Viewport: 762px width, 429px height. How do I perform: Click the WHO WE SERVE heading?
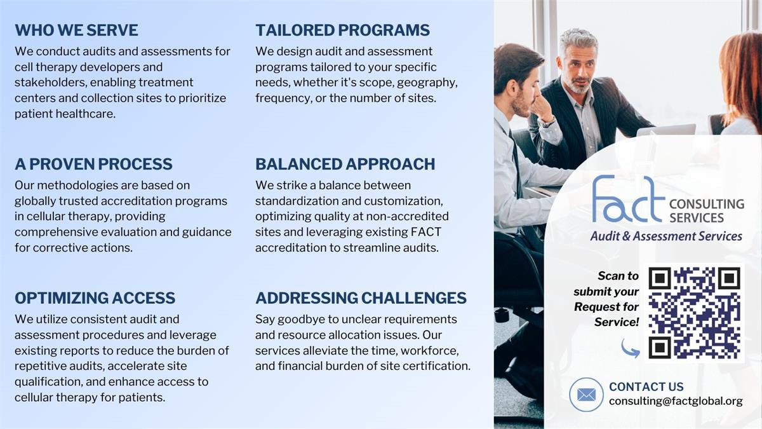pyautogui.click(x=76, y=30)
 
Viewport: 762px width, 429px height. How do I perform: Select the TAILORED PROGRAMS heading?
pyautogui.click(x=342, y=30)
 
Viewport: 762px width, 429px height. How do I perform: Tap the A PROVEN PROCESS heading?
pyautogui.click(x=93, y=164)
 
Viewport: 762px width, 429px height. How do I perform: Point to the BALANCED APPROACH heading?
pyautogui.click(x=345, y=164)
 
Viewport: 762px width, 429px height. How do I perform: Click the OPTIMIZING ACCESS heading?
pyautogui.click(x=95, y=298)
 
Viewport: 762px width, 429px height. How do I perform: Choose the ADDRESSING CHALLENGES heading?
pyautogui.click(x=361, y=298)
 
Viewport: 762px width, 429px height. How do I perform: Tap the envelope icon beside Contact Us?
pyautogui.click(x=586, y=395)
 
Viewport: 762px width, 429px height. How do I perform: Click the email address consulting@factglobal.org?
pyautogui.click(x=675, y=402)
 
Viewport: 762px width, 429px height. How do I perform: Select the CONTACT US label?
pyautogui.click(x=646, y=386)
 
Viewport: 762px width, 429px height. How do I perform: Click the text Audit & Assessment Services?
pyautogui.click(x=665, y=236)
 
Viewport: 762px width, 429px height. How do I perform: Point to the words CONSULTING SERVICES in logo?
pyautogui.click(x=705, y=211)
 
